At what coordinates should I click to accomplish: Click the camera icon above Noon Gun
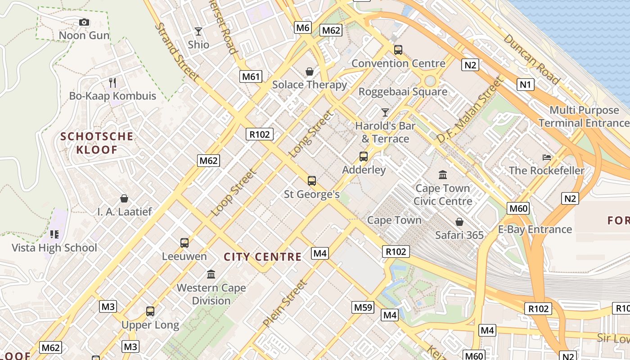pyautogui.click(x=84, y=22)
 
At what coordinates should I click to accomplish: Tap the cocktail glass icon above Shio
pyautogui.click(x=198, y=31)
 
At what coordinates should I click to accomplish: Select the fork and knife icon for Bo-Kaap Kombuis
pyautogui.click(x=112, y=82)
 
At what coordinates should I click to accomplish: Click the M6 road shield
pyautogui.click(x=303, y=27)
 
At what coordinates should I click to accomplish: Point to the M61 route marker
pyautogui.click(x=251, y=76)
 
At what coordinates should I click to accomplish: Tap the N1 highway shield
pyautogui.click(x=525, y=84)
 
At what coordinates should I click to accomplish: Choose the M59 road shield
pyautogui.click(x=363, y=307)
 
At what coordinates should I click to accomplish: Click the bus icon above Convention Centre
pyautogui.click(x=398, y=50)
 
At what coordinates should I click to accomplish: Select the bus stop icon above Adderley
pyautogui.click(x=364, y=157)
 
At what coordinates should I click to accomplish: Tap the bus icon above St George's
pyautogui.click(x=311, y=181)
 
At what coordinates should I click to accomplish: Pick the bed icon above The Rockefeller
pyautogui.click(x=547, y=157)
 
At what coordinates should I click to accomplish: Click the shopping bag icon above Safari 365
pyautogui.click(x=459, y=222)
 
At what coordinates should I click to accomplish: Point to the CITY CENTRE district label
pyautogui.click(x=263, y=257)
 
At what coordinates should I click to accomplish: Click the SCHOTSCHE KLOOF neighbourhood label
pyautogui.click(x=97, y=143)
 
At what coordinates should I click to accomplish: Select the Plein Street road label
pyautogui.click(x=285, y=303)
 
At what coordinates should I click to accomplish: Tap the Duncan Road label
pyautogui.click(x=531, y=59)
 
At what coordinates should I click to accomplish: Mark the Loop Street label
pyautogui.click(x=234, y=192)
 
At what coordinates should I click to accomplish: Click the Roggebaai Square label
pyautogui.click(x=403, y=92)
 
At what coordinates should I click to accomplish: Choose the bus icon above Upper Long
pyautogui.click(x=150, y=311)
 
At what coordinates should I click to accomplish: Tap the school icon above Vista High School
pyautogui.click(x=54, y=234)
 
